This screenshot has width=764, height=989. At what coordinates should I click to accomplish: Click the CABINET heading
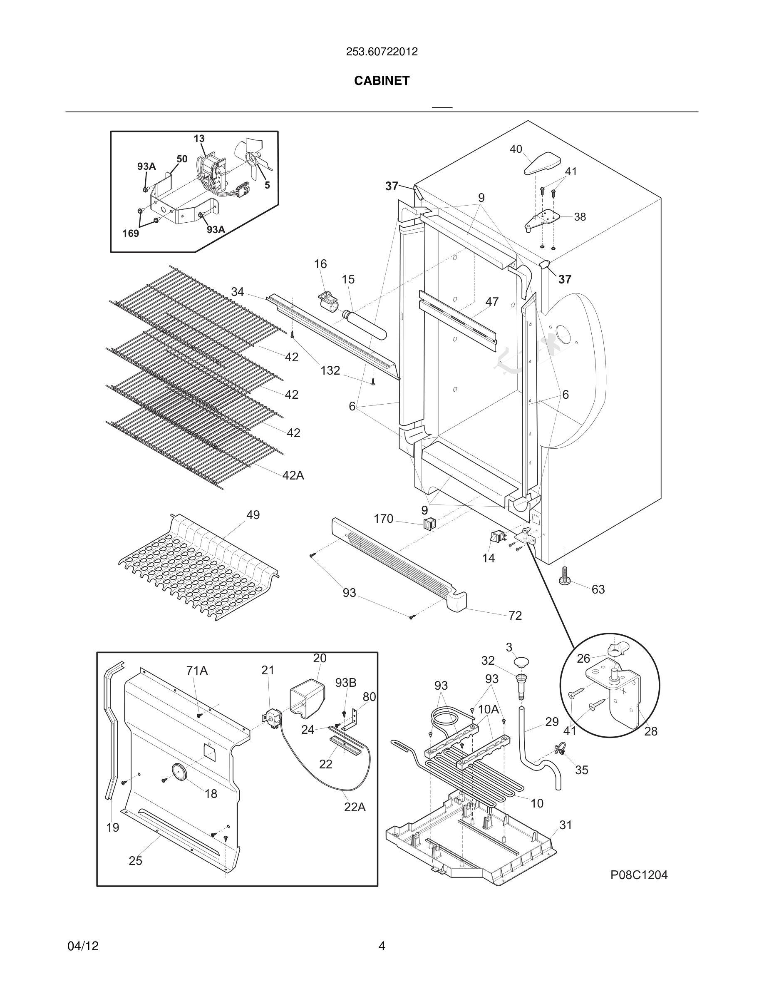pyautogui.click(x=382, y=81)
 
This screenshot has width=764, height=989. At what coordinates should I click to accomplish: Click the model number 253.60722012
pyautogui.click(x=382, y=52)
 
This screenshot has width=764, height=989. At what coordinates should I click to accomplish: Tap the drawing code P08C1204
pyautogui.click(x=639, y=875)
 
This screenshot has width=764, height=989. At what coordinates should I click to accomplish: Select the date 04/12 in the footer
pyautogui.click(x=83, y=946)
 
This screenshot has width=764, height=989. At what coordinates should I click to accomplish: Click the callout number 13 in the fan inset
pyautogui.click(x=199, y=139)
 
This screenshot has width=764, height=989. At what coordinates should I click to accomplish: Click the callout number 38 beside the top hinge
pyautogui.click(x=580, y=217)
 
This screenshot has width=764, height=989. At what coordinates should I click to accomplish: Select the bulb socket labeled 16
pyautogui.click(x=329, y=301)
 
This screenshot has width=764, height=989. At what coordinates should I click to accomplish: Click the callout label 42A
pyautogui.click(x=293, y=475)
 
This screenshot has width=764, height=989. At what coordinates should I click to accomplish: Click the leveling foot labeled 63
pyautogui.click(x=566, y=577)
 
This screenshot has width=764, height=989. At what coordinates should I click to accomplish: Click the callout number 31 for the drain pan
pyautogui.click(x=566, y=825)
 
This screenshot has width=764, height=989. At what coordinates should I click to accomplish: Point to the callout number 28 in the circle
pyautogui.click(x=650, y=731)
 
